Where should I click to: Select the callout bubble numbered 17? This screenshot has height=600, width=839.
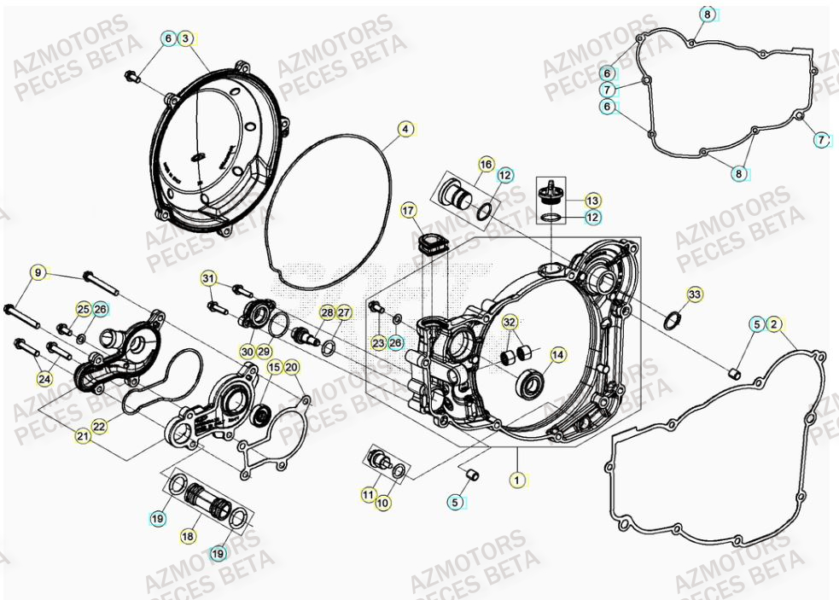pos(408,210)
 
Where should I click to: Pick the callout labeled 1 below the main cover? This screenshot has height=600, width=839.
pos(516,480)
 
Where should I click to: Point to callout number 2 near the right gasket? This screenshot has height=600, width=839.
pos(773,323)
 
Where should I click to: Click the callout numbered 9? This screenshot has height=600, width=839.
pos(38,272)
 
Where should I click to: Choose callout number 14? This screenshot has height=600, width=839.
pos(557,354)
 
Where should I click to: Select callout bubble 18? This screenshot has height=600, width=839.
pos(188,536)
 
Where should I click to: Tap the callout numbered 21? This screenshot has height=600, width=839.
pos(83,436)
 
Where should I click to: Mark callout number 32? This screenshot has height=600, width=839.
pos(510,323)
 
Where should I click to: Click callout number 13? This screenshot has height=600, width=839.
pos(592,200)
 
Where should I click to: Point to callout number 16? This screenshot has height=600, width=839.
pos(486,164)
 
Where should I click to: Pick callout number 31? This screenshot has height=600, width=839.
pos(208,278)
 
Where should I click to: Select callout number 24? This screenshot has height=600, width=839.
pos(44,377)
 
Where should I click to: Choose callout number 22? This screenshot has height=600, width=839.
pos(99,426)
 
